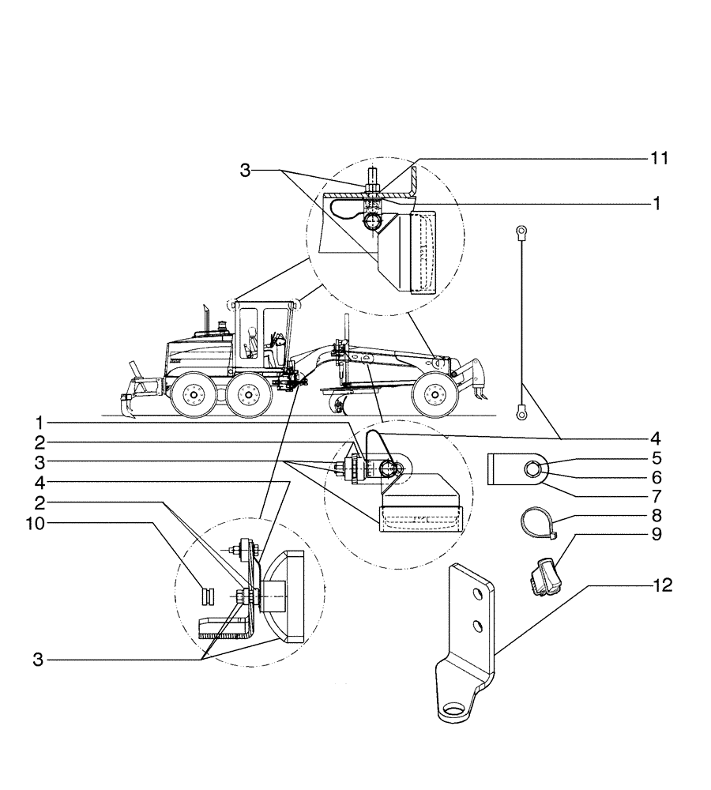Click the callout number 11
coord(660,159)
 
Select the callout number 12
coord(663,587)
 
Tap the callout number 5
coord(656,458)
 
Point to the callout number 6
coord(656,478)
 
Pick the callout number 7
coord(656,498)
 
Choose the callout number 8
coord(656,516)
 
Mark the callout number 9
coord(656,535)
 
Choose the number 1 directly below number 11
coord(656,203)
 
